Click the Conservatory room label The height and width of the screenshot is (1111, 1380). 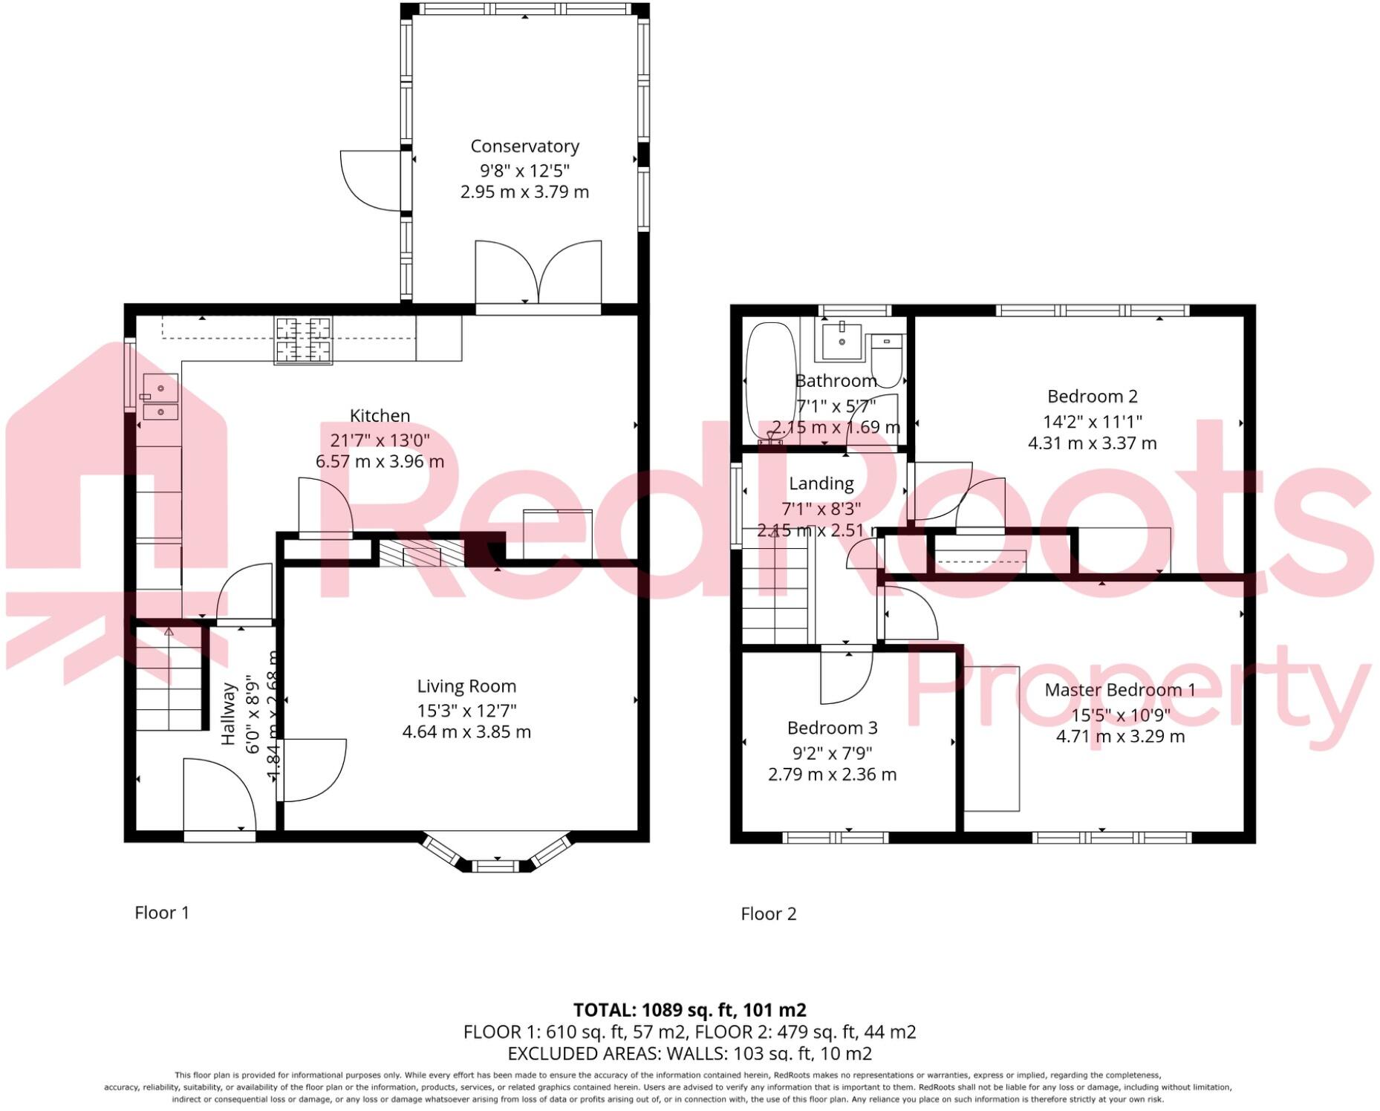point(524,146)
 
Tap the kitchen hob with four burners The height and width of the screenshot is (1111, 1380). point(303,341)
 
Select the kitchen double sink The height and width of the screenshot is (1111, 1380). point(160,398)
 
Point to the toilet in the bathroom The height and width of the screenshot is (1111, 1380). point(885,361)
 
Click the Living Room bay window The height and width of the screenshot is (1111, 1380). point(496,854)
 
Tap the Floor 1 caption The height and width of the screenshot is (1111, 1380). point(162,913)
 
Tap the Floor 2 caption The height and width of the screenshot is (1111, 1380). point(768,914)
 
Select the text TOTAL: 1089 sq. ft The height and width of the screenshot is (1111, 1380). point(689,1010)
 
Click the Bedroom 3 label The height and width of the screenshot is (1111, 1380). point(832,728)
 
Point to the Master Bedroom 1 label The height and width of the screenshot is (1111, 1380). point(1119,690)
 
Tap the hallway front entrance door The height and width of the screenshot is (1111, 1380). point(219,796)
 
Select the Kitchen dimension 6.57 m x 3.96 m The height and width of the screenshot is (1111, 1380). point(380,461)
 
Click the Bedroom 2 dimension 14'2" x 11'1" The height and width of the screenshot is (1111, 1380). point(1092,421)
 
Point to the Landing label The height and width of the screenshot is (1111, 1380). point(821,483)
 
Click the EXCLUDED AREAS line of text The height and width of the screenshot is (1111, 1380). point(689,1053)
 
